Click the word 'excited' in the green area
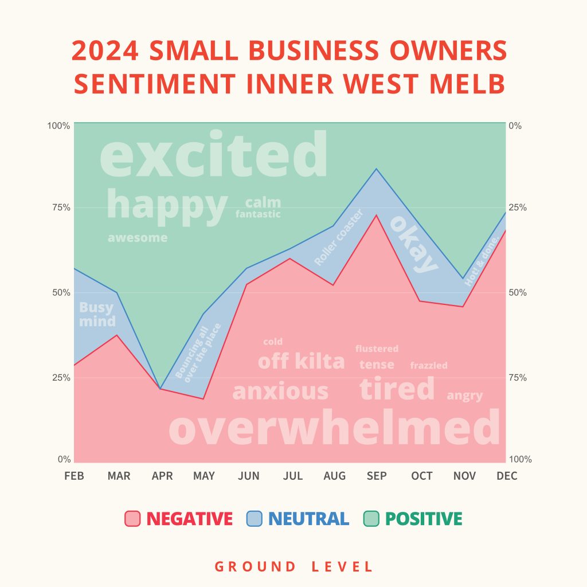pos(214,155)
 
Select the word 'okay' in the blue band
pos(414,244)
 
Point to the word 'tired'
pos(397,389)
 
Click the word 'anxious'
pos(280,392)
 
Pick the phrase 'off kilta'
pos(302,362)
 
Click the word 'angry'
pos(465,396)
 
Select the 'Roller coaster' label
pos(339,237)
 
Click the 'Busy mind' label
pos(96,314)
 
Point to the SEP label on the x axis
pos(377,476)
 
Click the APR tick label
pos(162,476)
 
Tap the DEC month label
pos(507,476)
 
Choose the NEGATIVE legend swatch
pos(133,519)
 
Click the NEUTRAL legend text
pos(308,519)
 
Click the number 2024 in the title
pos(106,52)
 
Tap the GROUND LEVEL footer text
pos(293,567)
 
